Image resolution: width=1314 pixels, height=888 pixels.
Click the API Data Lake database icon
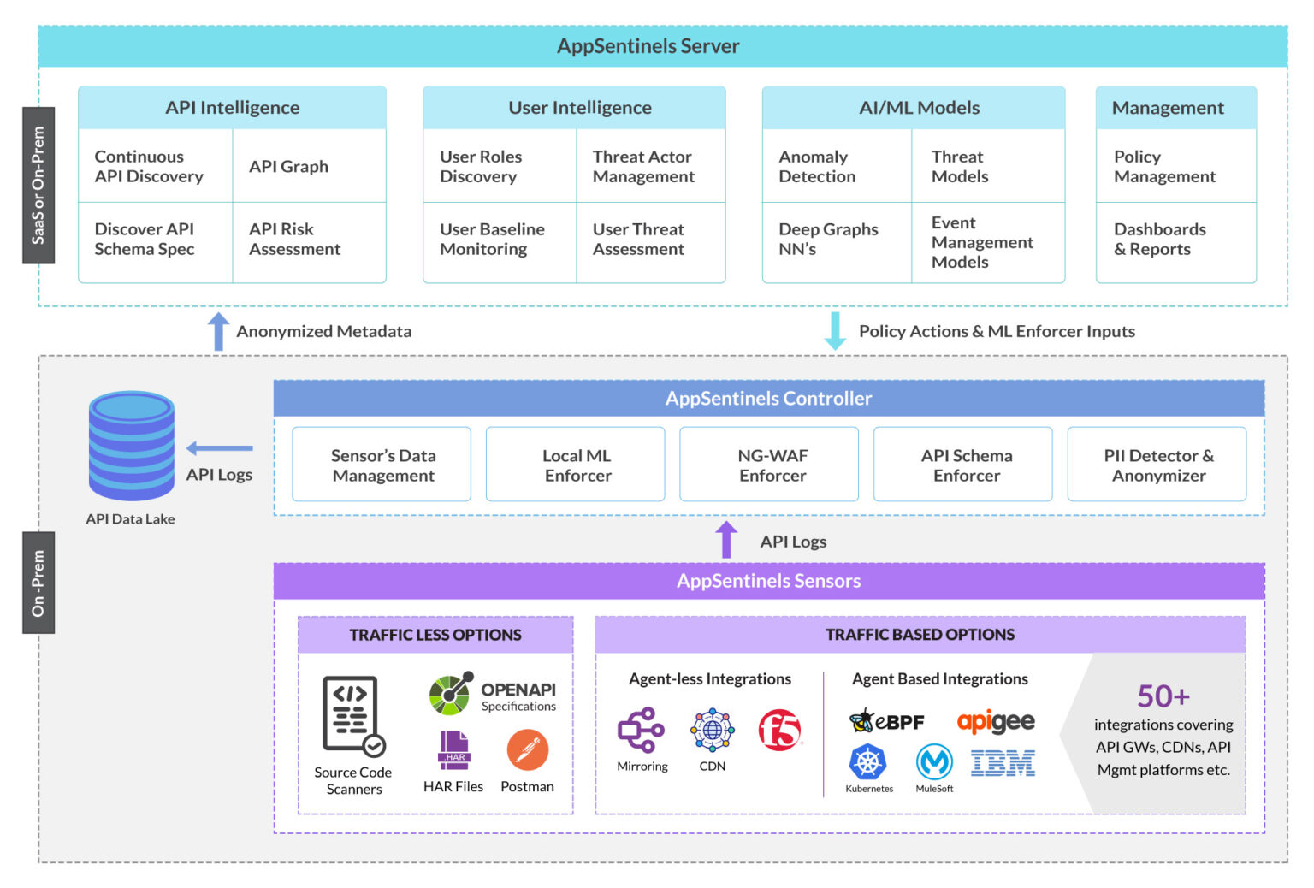point(131,446)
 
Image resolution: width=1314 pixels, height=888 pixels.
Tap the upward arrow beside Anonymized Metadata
point(219,331)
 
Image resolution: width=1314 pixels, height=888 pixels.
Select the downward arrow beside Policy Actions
point(835,331)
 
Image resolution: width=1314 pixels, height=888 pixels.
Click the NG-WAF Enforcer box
point(768,465)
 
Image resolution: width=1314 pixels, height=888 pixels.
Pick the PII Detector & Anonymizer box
point(1157,465)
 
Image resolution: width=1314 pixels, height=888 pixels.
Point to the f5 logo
point(778,730)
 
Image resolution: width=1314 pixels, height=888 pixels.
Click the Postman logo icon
point(527,750)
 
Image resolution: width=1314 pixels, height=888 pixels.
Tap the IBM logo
point(1003,762)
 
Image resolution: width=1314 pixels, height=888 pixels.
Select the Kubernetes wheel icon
point(867,761)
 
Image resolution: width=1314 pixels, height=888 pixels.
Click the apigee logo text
point(996,722)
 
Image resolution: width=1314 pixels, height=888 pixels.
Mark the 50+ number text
point(1163,696)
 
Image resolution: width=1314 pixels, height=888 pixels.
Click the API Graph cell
point(309,166)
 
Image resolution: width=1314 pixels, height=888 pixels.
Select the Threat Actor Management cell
point(650,166)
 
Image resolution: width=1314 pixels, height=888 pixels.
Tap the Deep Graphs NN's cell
point(836,240)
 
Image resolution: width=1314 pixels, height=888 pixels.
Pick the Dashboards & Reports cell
point(1175,240)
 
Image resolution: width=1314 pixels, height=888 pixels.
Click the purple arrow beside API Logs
point(726,541)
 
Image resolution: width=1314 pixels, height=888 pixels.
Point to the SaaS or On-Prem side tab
point(38,186)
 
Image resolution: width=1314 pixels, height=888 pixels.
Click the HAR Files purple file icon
point(453,750)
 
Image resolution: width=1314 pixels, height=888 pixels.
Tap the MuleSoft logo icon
point(934,761)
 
